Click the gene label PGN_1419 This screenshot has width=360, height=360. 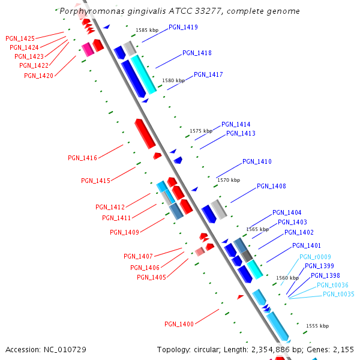pyautogui.click(x=183, y=28)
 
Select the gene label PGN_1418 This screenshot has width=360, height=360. pyautogui.click(x=197, y=53)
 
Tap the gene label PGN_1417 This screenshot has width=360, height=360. pyautogui.click(x=208, y=75)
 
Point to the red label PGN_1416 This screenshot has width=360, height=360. pyautogui.click(x=82, y=158)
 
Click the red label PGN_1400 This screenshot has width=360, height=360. pyautogui.click(x=179, y=324)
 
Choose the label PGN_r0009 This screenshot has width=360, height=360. pyautogui.click(x=315, y=257)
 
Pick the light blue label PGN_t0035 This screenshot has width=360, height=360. pyautogui.click(x=338, y=294)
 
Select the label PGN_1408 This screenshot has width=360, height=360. pyautogui.click(x=271, y=186)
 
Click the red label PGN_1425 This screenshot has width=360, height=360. pyautogui.click(x=20, y=38)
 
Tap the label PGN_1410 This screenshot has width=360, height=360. pyautogui.click(x=257, y=162)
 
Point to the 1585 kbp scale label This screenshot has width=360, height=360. pyautogui.click(x=146, y=29)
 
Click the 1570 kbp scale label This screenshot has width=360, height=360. pyautogui.click(x=228, y=180)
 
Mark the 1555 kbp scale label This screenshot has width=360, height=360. pyautogui.click(x=317, y=326)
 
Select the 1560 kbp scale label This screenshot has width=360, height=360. pyautogui.click(x=287, y=278)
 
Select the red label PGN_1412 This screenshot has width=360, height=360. pyautogui.click(x=110, y=207)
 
